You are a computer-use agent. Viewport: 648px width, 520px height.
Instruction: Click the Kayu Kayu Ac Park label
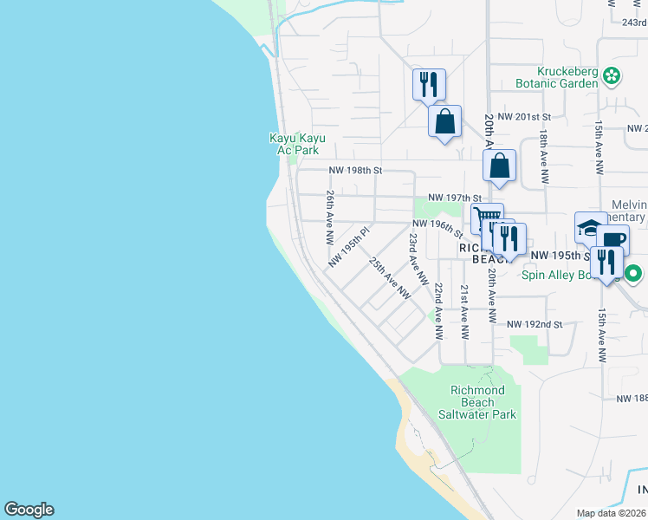[x=294, y=144]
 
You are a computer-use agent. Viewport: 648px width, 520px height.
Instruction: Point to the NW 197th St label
[x=454, y=198]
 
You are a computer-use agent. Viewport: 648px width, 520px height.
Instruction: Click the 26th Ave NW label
[x=330, y=217]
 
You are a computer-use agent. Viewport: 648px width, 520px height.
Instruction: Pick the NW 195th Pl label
[x=349, y=247]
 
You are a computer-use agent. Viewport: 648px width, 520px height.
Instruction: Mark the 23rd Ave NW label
[x=418, y=258]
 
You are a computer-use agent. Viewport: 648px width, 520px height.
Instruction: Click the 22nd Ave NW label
[x=439, y=310]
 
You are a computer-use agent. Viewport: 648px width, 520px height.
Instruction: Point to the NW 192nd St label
[x=535, y=324]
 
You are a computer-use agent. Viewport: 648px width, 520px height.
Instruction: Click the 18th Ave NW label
[x=543, y=157]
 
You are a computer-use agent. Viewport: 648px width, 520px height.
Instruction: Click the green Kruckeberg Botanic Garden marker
[x=612, y=76]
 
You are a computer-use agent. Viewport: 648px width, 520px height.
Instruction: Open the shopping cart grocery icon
[x=488, y=218]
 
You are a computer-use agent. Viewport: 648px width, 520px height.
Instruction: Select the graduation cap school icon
[x=591, y=228]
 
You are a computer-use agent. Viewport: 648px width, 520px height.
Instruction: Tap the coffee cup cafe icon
[x=612, y=240]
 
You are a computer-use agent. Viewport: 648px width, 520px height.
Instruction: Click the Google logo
[x=29, y=510]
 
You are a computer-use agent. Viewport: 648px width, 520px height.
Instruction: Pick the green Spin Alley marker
[x=633, y=276]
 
